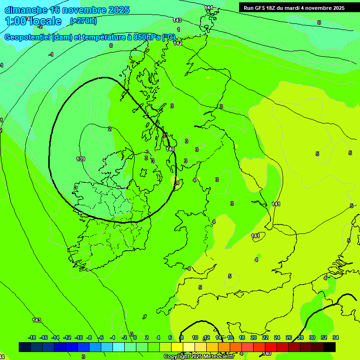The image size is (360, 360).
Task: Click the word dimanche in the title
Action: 26,10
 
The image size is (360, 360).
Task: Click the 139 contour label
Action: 81,159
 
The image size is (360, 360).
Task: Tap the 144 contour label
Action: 209,7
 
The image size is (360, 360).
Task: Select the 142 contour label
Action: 178,43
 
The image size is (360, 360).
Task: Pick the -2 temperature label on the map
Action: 40,26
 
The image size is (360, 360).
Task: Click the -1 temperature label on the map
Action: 51,54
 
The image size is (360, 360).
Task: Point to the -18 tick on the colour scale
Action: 32,337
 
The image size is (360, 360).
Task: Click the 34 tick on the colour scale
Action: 336,337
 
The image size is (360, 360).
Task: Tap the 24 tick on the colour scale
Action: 277,337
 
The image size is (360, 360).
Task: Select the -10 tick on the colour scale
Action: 79,337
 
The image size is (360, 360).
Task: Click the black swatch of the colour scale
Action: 330,347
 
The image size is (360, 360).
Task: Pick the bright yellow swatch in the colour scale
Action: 177,347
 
